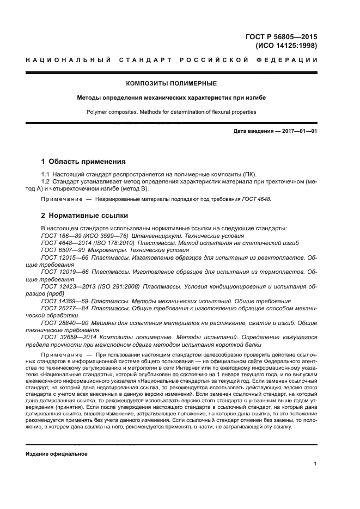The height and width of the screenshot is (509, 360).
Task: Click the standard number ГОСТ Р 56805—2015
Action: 282,37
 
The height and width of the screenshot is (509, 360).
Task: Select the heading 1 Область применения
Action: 83,162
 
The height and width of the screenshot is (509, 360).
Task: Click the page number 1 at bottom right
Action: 315,464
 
